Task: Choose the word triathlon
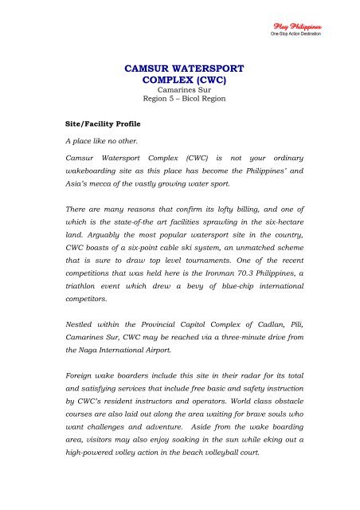pyautogui.click(x=85, y=295)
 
